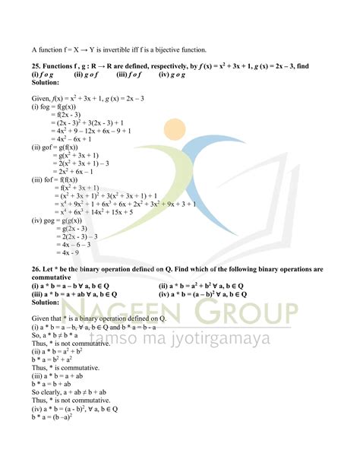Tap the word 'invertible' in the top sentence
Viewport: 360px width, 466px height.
(134, 49)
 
